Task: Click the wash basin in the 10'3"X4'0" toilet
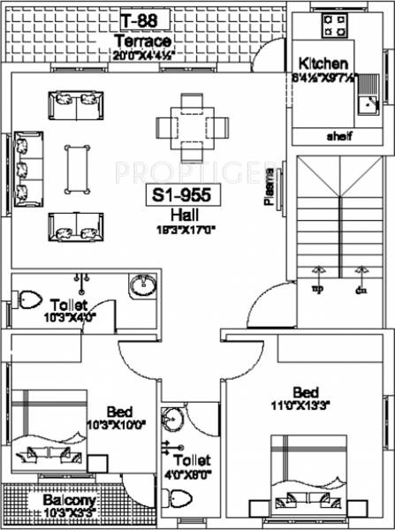(x=142, y=286)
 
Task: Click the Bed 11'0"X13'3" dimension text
(x=308, y=405)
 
